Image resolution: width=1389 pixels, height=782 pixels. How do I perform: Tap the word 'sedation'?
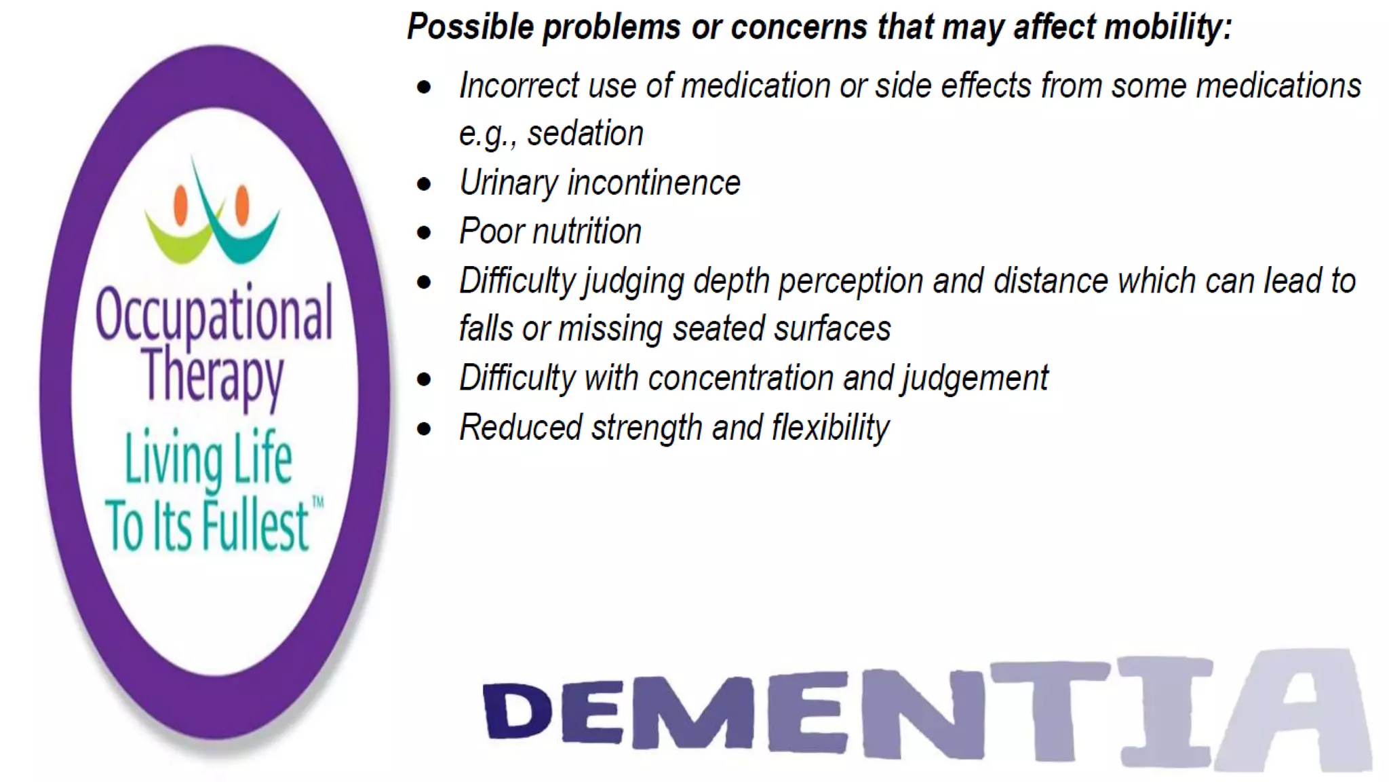[585, 134]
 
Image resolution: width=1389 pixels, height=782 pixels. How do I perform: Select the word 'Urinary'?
[509, 183]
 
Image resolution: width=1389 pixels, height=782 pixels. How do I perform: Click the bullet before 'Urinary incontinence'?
[425, 185]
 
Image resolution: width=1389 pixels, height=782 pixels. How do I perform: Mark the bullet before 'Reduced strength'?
[425, 429]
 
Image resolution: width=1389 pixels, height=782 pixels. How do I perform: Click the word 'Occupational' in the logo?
[214, 314]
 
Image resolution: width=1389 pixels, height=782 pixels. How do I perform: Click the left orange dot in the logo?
[180, 204]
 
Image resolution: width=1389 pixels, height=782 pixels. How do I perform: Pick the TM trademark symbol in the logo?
[317, 503]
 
